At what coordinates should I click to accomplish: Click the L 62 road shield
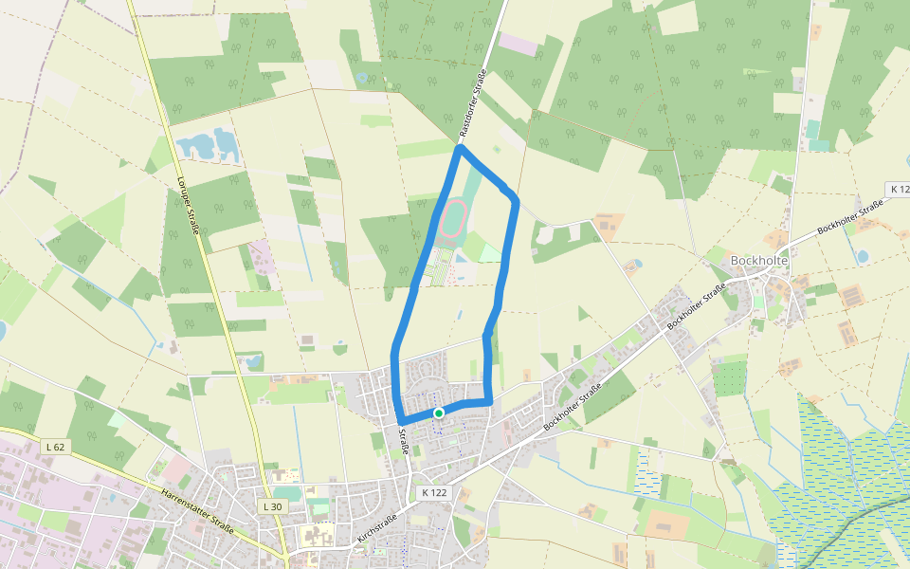[55, 446]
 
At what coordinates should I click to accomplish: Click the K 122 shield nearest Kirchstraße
[433, 492]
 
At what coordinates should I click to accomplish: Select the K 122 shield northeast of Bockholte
[897, 190]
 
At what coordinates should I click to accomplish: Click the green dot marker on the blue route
[439, 413]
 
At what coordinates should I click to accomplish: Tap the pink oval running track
[453, 216]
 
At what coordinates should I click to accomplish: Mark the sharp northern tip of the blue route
[460, 148]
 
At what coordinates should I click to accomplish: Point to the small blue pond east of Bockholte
[862, 256]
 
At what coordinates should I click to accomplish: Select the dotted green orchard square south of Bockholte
[729, 378]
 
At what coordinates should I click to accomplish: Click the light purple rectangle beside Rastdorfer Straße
[518, 44]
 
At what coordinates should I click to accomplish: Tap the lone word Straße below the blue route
[403, 441]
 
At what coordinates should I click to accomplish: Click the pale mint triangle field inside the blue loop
[488, 251]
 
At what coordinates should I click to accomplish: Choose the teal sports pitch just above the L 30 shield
[287, 493]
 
